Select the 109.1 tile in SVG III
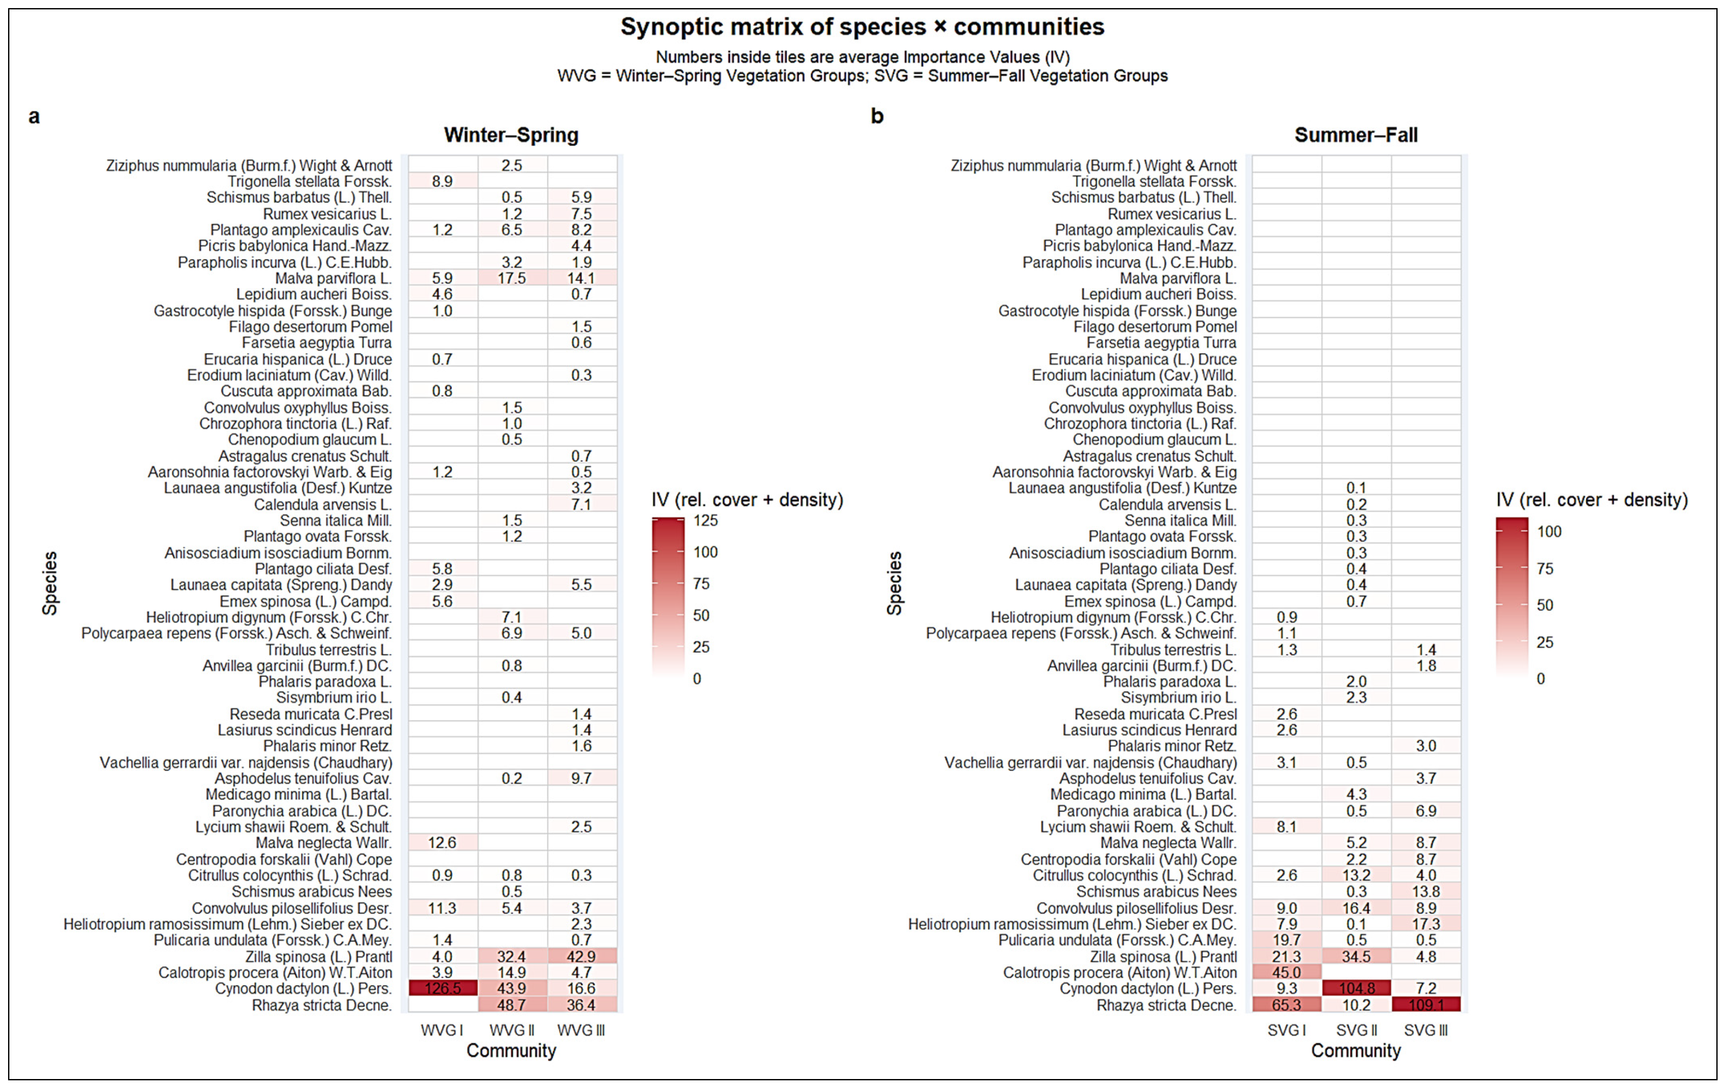[1426, 1005]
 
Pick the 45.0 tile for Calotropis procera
[1287, 972]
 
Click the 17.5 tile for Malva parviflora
[512, 278]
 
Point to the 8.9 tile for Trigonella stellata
[442, 181]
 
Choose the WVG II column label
[512, 1030]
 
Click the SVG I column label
[1287, 1030]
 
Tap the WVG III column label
[581, 1030]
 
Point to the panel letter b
[877, 116]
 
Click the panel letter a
[34, 116]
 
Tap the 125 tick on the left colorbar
[705, 521]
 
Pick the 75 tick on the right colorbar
[1545, 568]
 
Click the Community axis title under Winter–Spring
[511, 1050]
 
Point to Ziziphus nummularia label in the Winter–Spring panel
[249, 165]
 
